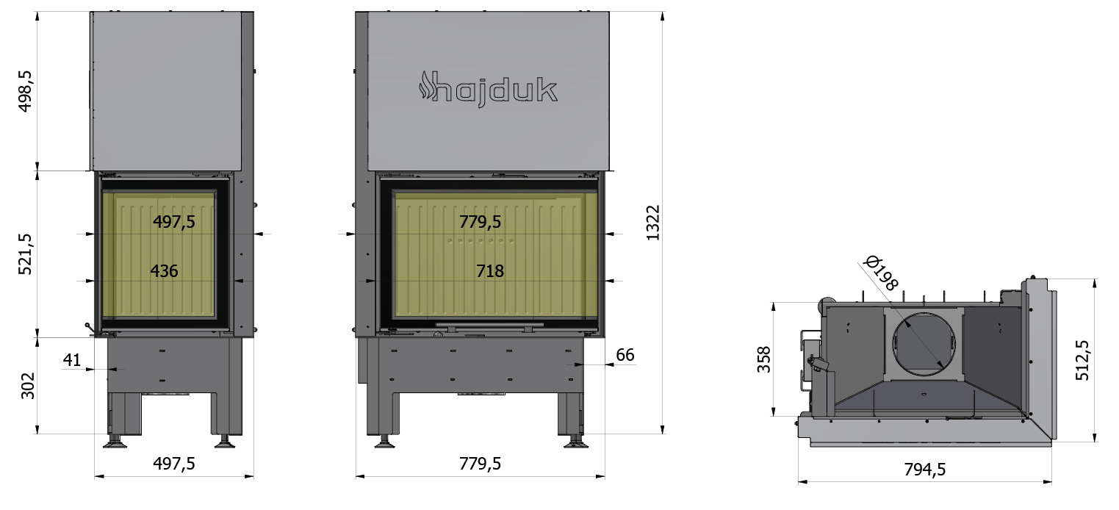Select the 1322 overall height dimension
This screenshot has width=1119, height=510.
653,223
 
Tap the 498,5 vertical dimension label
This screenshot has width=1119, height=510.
25,91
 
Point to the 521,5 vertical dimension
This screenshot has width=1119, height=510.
25,254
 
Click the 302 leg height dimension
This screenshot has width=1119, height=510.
28,386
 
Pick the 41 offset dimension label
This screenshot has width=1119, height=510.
72,359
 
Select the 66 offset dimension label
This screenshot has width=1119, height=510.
625,355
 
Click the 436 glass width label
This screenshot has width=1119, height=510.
164,270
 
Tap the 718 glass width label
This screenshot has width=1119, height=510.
489,270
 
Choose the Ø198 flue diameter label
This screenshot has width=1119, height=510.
882,273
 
